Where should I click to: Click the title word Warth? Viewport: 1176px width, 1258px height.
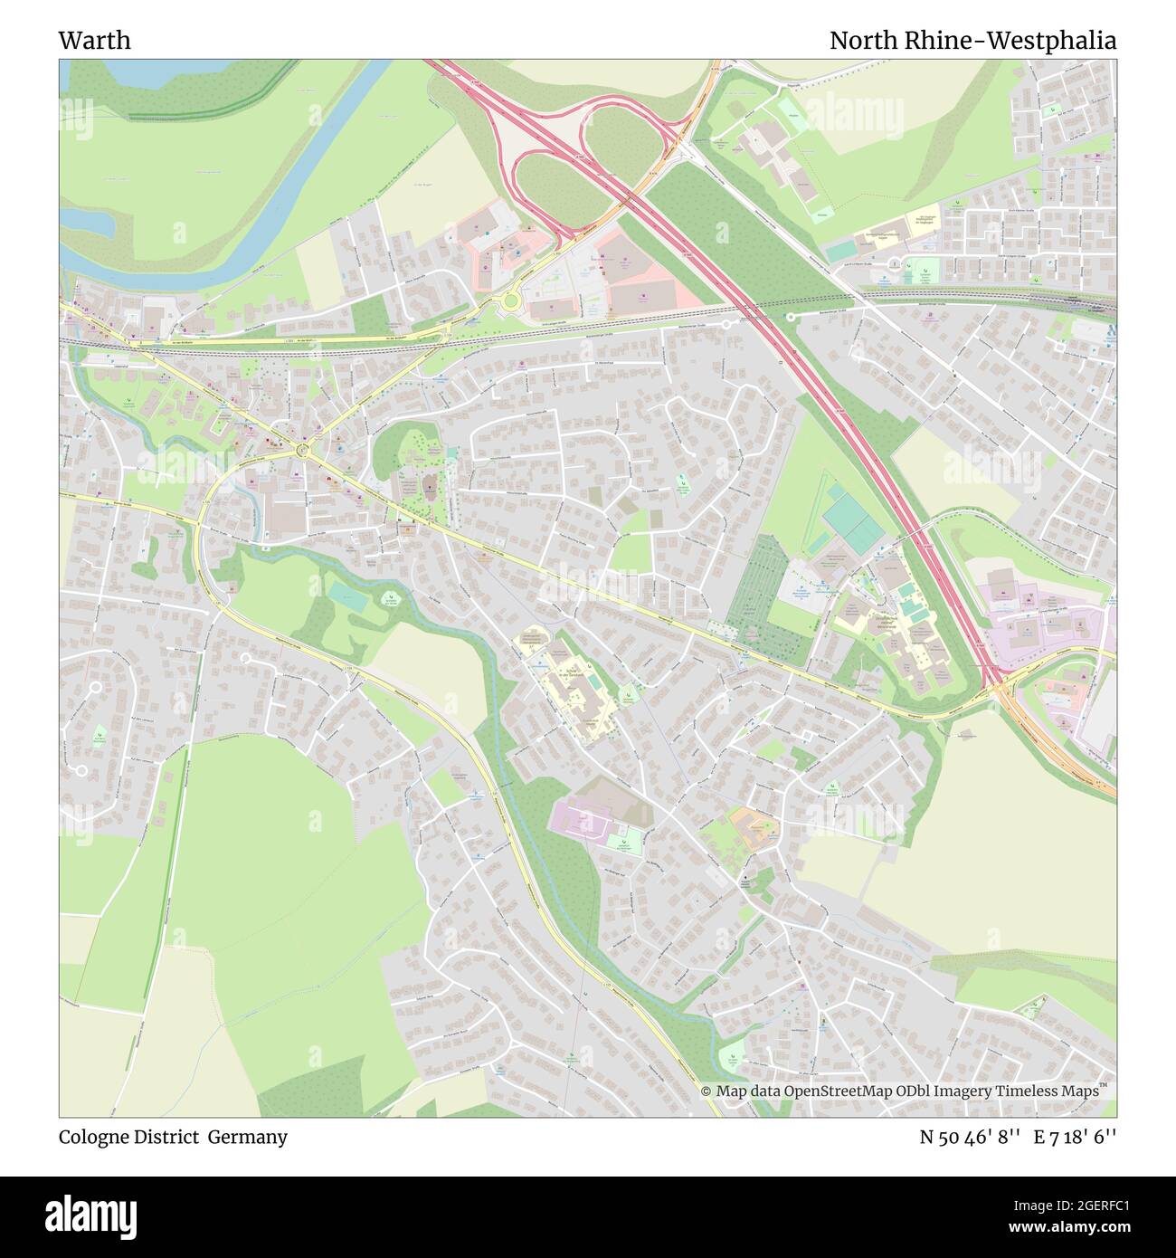[x=94, y=41]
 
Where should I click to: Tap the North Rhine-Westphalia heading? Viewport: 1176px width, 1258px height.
[x=972, y=41]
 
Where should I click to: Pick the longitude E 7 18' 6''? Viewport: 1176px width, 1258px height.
[x=1080, y=1137]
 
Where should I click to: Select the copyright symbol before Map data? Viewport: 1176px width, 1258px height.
[x=707, y=1091]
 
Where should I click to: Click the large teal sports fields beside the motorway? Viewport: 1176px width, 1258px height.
[x=850, y=519]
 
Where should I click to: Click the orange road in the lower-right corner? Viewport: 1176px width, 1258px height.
[x=1058, y=742]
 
